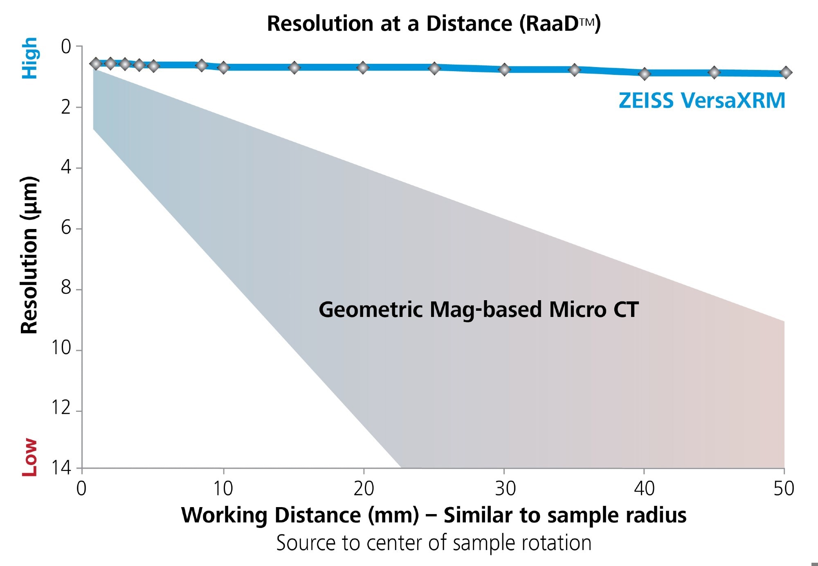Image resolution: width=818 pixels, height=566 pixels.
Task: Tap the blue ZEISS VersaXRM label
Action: pos(702,101)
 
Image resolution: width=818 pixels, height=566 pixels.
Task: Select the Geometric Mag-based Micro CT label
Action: pos(479,310)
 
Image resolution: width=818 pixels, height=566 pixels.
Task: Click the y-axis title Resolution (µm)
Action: pos(29,255)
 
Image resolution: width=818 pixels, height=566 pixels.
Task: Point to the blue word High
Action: pos(29,58)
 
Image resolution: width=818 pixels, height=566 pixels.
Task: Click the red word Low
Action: pos(29,457)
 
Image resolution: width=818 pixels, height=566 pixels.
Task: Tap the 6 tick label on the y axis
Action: pos(66,227)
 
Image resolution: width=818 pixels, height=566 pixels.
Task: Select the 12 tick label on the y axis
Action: pos(61,408)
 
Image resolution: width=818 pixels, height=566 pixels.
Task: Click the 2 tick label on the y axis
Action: pos(66,107)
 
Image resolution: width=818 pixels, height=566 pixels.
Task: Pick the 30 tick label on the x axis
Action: pos(505,489)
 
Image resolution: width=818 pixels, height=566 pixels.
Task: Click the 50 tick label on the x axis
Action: pos(784,489)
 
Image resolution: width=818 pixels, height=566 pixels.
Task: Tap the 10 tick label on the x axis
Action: pos(223,489)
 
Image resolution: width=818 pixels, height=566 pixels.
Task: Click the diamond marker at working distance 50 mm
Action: pos(786,73)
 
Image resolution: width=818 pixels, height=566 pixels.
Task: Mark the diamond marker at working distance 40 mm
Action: pos(645,74)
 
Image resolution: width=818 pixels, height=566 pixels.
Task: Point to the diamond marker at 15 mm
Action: pos(294,68)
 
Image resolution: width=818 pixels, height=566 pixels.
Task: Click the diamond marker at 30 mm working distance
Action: pos(505,70)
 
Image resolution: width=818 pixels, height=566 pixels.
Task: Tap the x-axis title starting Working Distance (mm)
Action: pos(434,515)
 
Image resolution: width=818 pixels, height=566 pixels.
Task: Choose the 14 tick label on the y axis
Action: pos(61,467)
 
